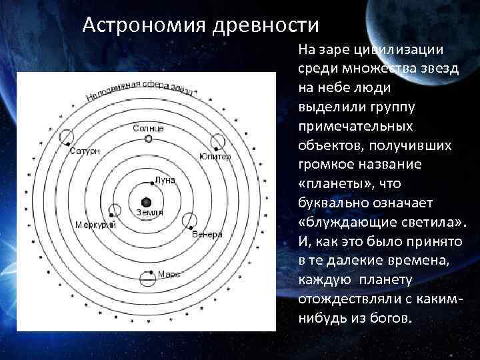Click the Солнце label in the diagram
[148, 127]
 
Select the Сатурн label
[85, 151]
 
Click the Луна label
[165, 180]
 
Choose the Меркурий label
[95, 224]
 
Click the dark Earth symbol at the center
[147, 201]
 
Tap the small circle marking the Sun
[149, 139]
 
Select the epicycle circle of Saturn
[67, 138]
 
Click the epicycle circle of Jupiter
[218, 142]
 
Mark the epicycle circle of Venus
[189, 221]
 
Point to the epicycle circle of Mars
[147, 277]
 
